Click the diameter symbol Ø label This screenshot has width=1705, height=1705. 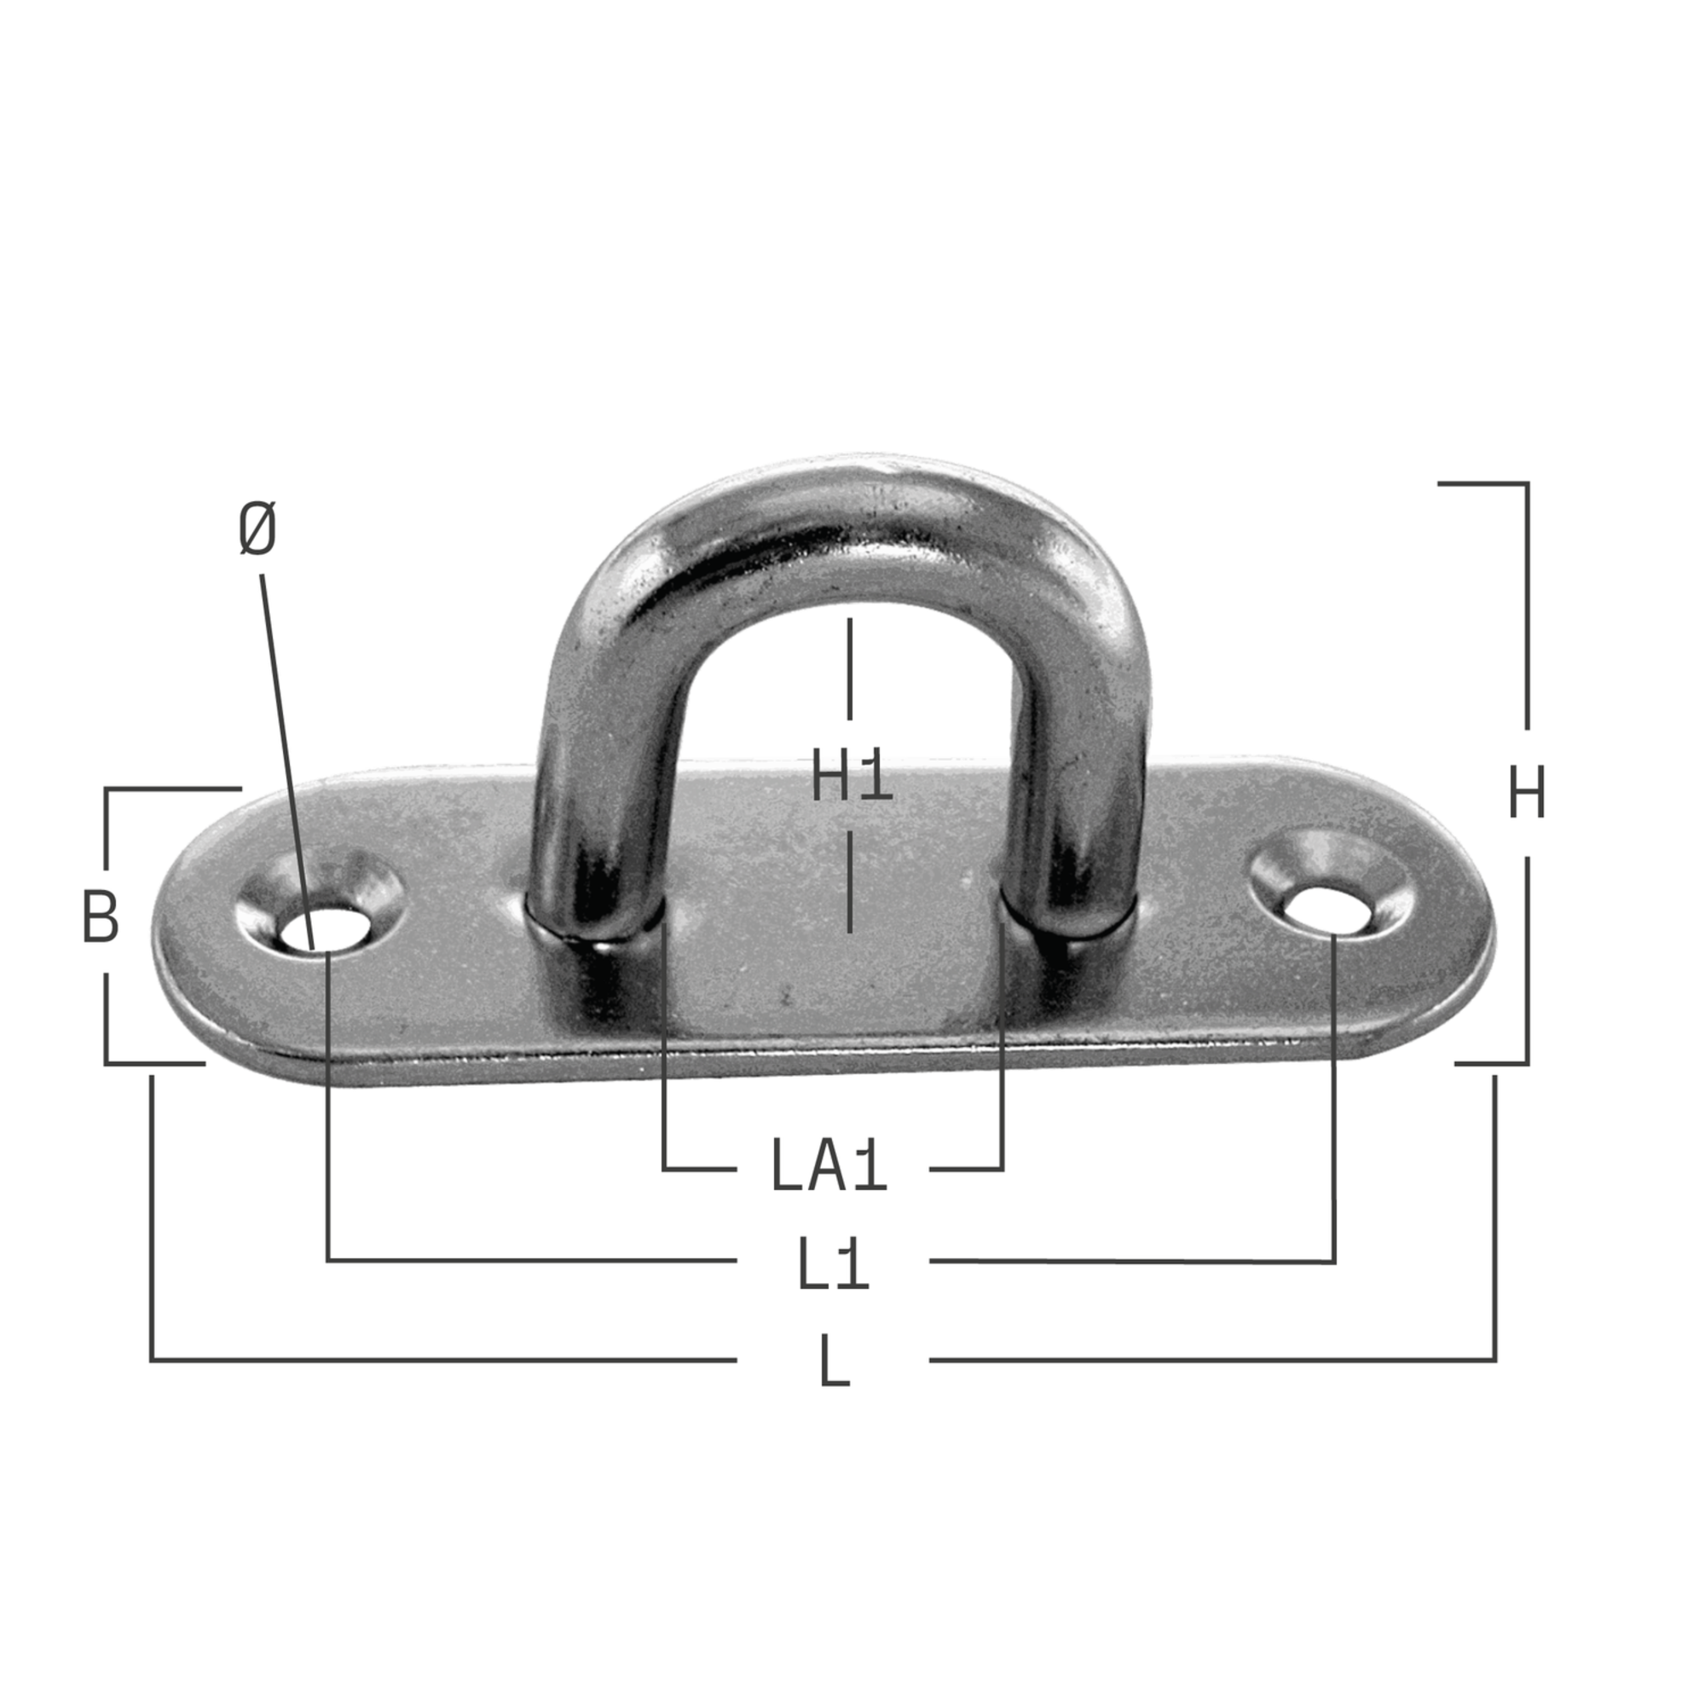point(257,529)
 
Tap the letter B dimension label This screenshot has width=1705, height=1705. point(100,918)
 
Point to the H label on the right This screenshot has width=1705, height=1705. point(1527,794)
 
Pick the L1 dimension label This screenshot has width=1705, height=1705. point(833,1265)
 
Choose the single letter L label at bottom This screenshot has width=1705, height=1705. point(835,1362)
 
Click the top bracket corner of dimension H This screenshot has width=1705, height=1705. point(1527,483)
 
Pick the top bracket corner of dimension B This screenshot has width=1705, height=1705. point(107,789)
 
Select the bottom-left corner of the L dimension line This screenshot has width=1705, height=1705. point(152,1360)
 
